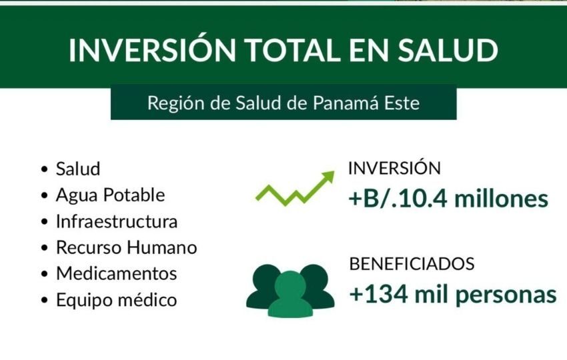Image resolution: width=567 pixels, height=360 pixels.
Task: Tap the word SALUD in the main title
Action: (448, 49)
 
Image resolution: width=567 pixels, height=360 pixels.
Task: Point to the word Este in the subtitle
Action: (402, 103)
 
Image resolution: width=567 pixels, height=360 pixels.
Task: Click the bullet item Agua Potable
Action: (110, 195)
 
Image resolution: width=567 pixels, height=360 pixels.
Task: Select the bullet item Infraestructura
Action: (117, 221)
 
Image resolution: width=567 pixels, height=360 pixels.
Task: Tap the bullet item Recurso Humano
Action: (127, 247)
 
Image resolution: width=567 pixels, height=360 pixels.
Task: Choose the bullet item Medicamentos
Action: (117, 273)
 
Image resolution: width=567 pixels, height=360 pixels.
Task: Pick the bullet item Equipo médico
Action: (117, 300)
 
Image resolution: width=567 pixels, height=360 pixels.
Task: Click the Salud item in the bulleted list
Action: (78, 169)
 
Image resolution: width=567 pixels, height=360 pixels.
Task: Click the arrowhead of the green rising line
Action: (328, 177)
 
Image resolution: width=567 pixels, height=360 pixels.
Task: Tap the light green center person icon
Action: (290, 294)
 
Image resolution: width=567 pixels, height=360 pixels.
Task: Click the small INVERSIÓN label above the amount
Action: (394, 169)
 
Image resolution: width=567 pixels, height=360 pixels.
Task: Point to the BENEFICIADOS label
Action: (412, 264)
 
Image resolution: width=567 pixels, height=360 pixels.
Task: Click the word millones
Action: (502, 199)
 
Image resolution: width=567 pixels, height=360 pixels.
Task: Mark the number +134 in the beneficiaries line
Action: (379, 295)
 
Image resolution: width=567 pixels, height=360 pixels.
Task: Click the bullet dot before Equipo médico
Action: (45, 301)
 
